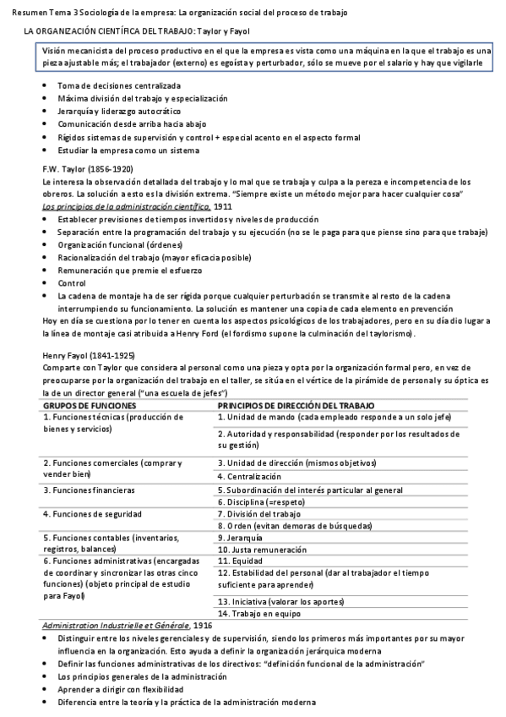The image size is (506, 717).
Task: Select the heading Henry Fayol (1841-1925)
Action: tap(87, 356)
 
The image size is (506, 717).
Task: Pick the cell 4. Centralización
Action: tap(250, 477)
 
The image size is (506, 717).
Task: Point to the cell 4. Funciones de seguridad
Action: tap(92, 513)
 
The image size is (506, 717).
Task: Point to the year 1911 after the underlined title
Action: tap(223, 206)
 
